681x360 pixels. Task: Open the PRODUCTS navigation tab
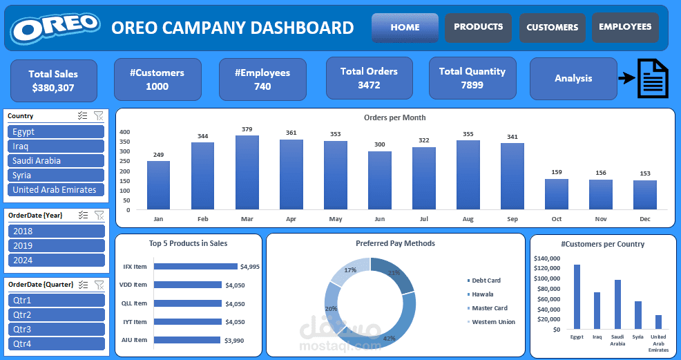coord(478,27)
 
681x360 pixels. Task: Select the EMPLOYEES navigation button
coord(625,27)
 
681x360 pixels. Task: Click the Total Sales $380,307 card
coord(53,81)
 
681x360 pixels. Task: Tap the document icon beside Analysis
coord(652,79)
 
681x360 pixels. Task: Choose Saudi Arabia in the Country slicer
coord(55,161)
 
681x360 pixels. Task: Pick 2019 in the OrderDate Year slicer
coord(55,246)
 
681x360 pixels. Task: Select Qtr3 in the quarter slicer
coord(55,330)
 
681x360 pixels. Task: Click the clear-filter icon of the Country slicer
coord(98,116)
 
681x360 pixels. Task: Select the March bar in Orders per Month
coord(247,172)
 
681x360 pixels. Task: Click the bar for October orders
coord(556,194)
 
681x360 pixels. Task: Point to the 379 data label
coord(247,129)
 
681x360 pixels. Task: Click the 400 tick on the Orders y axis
coord(125,132)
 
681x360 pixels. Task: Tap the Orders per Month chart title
coord(394,117)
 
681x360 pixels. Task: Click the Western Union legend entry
coord(493,322)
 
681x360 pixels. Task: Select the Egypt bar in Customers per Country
coord(577,296)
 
